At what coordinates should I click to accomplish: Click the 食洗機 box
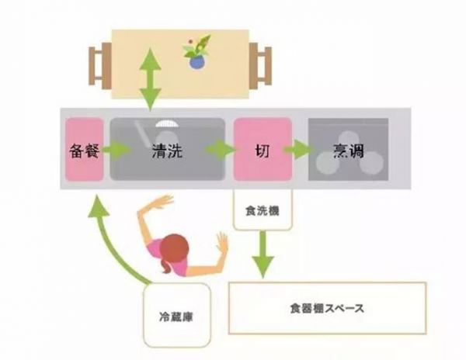[x=262, y=209]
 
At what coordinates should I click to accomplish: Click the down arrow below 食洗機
[x=262, y=256]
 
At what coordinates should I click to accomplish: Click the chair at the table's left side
[x=99, y=66]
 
